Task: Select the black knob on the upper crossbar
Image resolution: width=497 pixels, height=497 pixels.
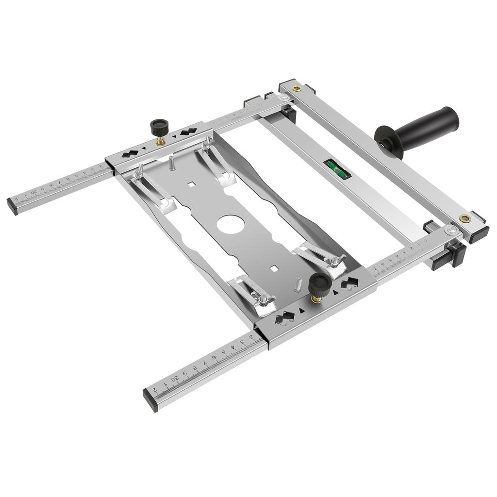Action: tap(158, 128)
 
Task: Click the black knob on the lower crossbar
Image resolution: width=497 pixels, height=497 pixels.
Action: tap(319, 282)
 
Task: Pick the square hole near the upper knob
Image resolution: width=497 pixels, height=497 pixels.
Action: tap(192, 184)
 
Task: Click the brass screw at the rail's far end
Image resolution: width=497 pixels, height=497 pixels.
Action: tap(297, 88)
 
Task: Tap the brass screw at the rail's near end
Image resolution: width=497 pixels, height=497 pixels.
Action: tap(464, 219)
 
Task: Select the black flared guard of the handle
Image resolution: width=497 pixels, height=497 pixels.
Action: tap(388, 141)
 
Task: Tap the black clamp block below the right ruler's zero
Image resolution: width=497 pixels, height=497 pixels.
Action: tap(456, 253)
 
